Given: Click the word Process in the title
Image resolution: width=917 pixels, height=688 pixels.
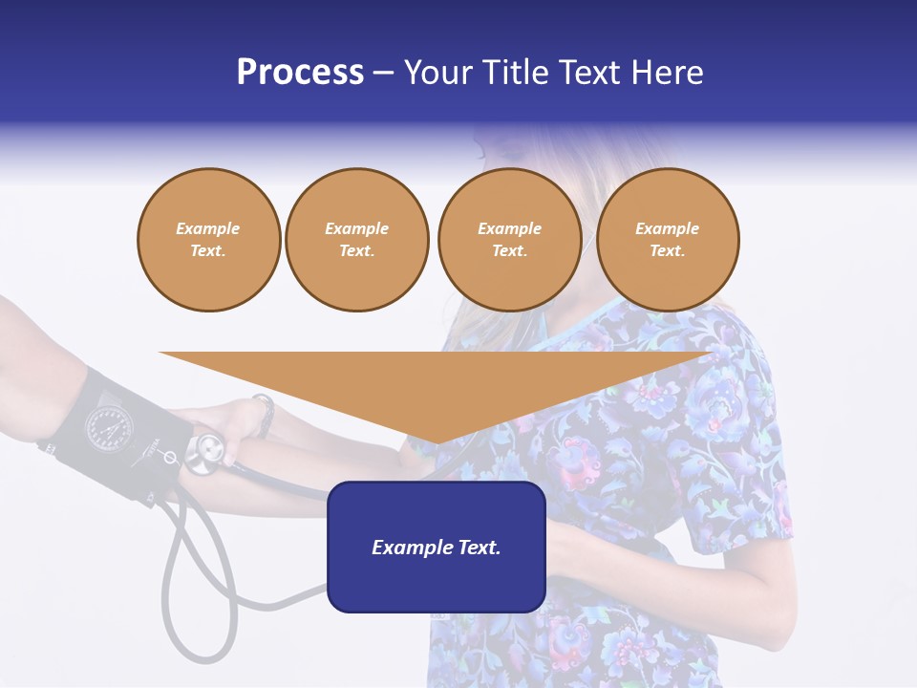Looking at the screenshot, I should pyautogui.click(x=300, y=73).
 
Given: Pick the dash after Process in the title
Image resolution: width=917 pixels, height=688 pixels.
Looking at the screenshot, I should pyautogui.click(x=384, y=74).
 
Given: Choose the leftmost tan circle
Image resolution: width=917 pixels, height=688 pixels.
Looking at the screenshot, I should pyautogui.click(x=208, y=240).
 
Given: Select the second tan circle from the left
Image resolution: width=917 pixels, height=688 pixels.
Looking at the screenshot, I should pyautogui.click(x=357, y=240).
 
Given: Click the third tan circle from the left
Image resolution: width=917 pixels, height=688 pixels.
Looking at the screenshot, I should pyautogui.click(x=509, y=240).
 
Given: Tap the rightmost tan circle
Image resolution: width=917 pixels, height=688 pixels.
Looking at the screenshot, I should pyautogui.click(x=668, y=240).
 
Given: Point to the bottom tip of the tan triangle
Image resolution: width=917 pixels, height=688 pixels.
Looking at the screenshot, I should pyautogui.click(x=437, y=441).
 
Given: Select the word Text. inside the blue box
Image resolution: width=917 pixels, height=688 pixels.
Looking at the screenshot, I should pyautogui.click(x=478, y=548).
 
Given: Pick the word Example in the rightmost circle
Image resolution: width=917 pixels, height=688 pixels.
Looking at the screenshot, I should pyautogui.click(x=668, y=228).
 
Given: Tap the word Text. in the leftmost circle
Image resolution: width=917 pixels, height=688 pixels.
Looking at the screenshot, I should pyautogui.click(x=208, y=251).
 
